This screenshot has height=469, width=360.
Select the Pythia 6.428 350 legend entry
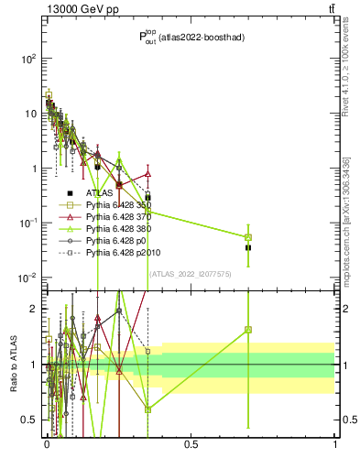(x=122, y=207)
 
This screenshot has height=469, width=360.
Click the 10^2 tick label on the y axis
(x=27, y=59)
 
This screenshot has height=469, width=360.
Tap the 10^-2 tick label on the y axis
(x=27, y=278)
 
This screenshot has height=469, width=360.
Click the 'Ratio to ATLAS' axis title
(x=12, y=364)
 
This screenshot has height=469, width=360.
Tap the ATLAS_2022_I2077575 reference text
(x=191, y=273)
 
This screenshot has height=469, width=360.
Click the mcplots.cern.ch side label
(x=346, y=220)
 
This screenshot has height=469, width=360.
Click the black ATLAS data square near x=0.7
(x=248, y=247)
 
